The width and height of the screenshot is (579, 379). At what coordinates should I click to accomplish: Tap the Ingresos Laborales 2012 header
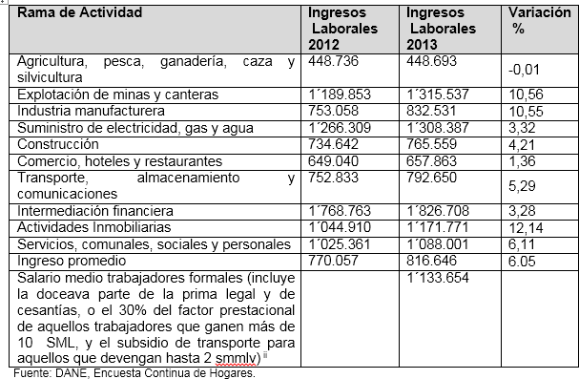coord(344,29)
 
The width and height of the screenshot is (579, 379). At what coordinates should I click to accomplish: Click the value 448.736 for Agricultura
coord(332,60)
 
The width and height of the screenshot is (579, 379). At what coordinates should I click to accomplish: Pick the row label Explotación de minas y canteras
coord(117,94)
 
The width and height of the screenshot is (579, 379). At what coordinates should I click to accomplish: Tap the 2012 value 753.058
coord(332,110)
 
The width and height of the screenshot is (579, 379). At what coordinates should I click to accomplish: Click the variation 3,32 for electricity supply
coord(527,126)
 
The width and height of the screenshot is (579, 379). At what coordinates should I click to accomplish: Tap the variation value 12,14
coord(529,227)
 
